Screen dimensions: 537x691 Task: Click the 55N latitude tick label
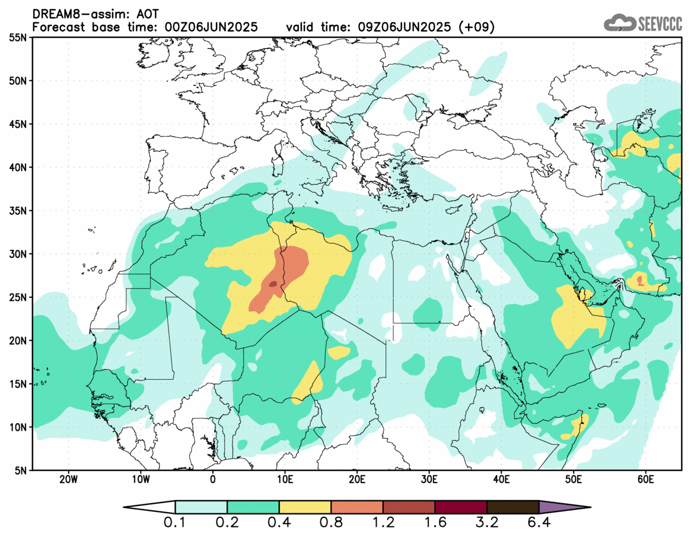[18, 37]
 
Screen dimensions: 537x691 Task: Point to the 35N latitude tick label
[18, 211]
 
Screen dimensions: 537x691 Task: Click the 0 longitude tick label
[213, 479]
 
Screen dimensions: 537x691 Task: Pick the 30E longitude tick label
[429, 479]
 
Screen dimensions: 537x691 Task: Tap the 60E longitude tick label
[646, 479]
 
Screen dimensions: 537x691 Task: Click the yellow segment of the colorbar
[305, 507]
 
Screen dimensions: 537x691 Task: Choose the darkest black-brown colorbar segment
[512, 507]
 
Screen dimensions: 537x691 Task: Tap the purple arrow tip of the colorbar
[563, 507]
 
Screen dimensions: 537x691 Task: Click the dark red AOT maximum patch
[273, 284]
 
